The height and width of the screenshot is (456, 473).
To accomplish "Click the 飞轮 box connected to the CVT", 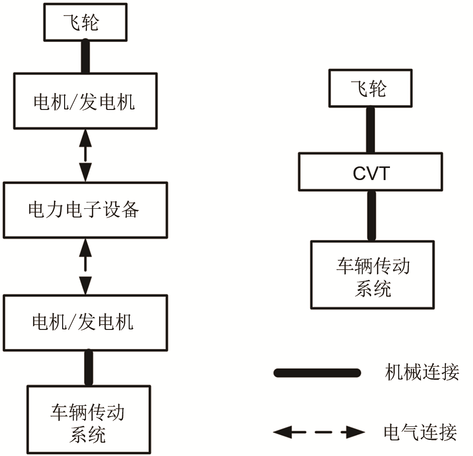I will [x=370, y=88].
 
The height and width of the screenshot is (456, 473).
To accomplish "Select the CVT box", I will [x=370, y=172].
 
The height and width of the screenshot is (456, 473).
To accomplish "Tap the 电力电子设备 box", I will [x=85, y=210].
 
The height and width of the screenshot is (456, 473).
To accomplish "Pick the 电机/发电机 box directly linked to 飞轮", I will [x=85, y=101].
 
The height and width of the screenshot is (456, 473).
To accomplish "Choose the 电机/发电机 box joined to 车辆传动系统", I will [x=85, y=323].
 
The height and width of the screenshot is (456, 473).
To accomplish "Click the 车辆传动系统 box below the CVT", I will [x=372, y=274].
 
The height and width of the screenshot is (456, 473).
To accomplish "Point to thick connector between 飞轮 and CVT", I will [x=370, y=130].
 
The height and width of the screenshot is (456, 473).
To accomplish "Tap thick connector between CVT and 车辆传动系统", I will [x=372, y=215].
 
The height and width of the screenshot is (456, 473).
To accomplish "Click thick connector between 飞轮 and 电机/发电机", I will [x=85, y=56].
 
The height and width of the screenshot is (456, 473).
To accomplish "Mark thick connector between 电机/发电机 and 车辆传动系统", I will [x=88, y=368].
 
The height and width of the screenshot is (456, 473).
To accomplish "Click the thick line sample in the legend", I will [x=317, y=373].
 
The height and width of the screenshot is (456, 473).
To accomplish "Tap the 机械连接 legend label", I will [x=421, y=373].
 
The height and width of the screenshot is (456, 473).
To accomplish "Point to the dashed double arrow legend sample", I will [x=319, y=431].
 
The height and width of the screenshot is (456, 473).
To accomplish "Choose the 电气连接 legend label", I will [x=421, y=432].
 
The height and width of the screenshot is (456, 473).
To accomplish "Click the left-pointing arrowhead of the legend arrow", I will [x=282, y=431].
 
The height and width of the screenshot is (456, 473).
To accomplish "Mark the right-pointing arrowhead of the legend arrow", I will [x=355, y=431].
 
